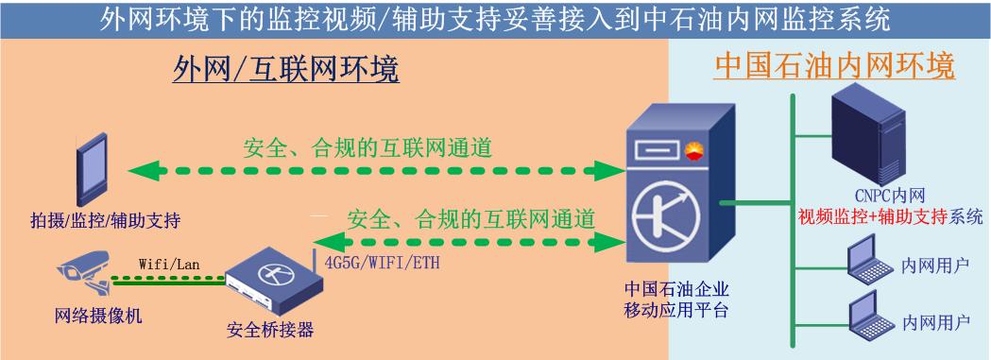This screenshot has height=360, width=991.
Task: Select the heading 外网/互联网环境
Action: [285, 68]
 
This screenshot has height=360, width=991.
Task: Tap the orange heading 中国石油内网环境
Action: [834, 66]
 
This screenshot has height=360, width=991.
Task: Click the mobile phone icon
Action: [92, 172]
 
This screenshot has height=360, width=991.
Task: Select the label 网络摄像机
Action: [98, 316]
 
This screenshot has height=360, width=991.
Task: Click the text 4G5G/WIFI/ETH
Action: [382, 262]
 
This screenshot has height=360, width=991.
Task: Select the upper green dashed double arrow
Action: [373, 171]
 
